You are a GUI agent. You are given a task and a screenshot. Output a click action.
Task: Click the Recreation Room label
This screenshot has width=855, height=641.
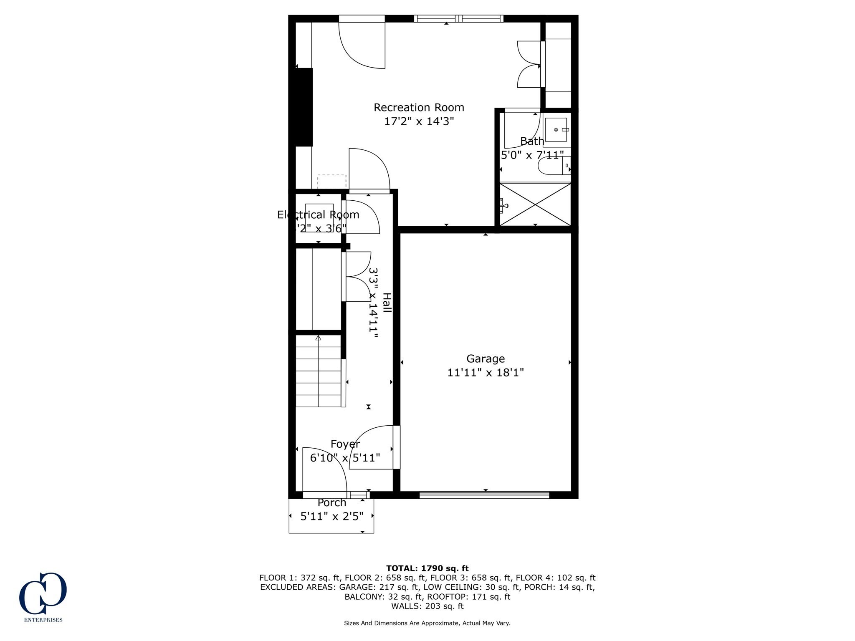click(419, 108)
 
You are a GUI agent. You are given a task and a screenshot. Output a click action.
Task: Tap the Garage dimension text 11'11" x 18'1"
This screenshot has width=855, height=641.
click(486, 373)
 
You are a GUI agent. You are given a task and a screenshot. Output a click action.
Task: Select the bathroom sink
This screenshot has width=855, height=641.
click(556, 130)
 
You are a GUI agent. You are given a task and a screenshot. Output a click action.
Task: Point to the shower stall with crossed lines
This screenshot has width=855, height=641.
click(535, 204)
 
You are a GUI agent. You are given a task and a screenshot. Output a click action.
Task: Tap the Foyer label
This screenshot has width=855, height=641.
click(345, 444)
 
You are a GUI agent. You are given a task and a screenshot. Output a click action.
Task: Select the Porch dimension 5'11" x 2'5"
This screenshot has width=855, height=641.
click(332, 517)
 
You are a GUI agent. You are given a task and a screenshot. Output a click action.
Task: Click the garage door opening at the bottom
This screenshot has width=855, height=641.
click(484, 495)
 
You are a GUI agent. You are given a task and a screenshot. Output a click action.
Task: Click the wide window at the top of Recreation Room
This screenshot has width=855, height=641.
click(458, 18)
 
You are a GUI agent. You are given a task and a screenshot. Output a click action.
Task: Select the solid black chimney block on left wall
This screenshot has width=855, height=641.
click(304, 107)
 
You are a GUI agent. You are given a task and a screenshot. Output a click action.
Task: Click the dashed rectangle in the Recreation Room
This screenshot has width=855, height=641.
click(332, 182)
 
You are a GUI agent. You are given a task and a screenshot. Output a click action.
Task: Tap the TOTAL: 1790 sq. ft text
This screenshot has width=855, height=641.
click(427, 568)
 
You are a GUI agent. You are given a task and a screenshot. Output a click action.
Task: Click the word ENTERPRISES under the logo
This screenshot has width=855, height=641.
click(43, 620)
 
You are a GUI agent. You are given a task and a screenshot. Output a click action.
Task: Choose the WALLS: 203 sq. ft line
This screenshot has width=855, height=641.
click(427, 606)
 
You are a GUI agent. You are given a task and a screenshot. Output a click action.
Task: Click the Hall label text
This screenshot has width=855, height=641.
click(387, 303)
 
